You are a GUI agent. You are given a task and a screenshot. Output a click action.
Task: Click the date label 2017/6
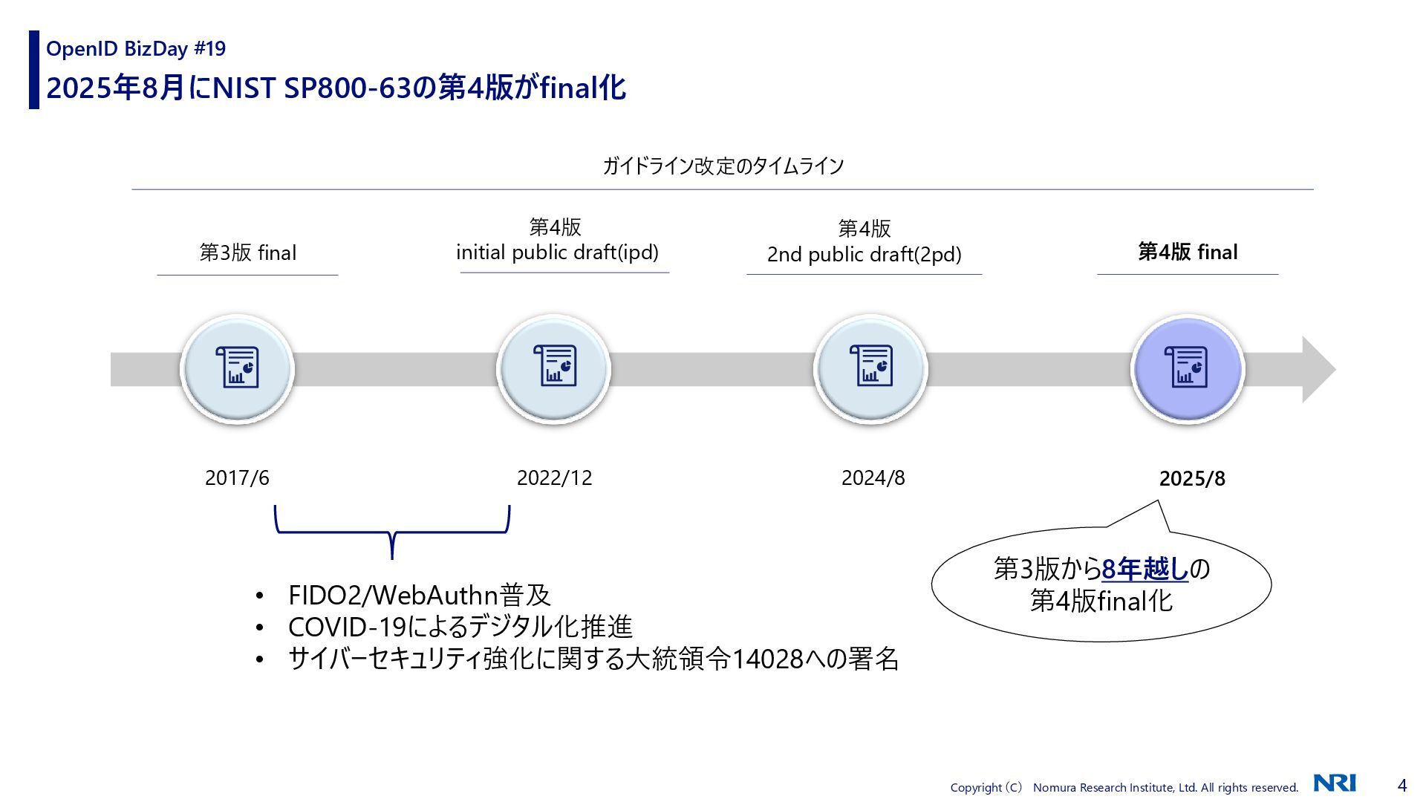(237, 477)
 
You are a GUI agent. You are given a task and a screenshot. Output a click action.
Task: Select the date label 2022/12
(554, 477)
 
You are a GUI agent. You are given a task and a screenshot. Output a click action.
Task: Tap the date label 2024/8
(873, 477)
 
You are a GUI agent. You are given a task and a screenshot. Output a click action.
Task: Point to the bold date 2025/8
(1192, 478)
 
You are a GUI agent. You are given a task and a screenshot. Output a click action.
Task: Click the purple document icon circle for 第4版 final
(1187, 368)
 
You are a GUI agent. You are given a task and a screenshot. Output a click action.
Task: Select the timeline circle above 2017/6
(237, 368)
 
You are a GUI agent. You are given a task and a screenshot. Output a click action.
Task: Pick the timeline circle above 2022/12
(553, 368)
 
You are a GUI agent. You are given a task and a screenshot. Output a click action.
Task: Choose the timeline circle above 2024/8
(870, 368)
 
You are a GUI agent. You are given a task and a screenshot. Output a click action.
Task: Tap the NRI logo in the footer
(1335, 783)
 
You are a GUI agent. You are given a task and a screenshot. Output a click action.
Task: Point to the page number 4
(1402, 785)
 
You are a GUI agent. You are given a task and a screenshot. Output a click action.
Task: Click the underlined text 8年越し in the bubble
(1145, 570)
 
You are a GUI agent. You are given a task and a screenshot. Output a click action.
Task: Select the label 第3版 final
(247, 252)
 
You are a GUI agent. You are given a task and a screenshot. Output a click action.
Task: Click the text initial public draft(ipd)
(557, 252)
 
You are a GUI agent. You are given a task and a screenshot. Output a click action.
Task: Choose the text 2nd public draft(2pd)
(864, 255)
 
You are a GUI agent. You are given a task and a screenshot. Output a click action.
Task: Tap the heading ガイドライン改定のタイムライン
(723, 166)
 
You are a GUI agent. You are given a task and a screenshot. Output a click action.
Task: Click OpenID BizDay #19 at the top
(136, 49)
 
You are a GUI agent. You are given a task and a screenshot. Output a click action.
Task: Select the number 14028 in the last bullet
(767, 659)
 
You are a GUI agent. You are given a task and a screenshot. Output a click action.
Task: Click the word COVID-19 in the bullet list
(347, 627)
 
